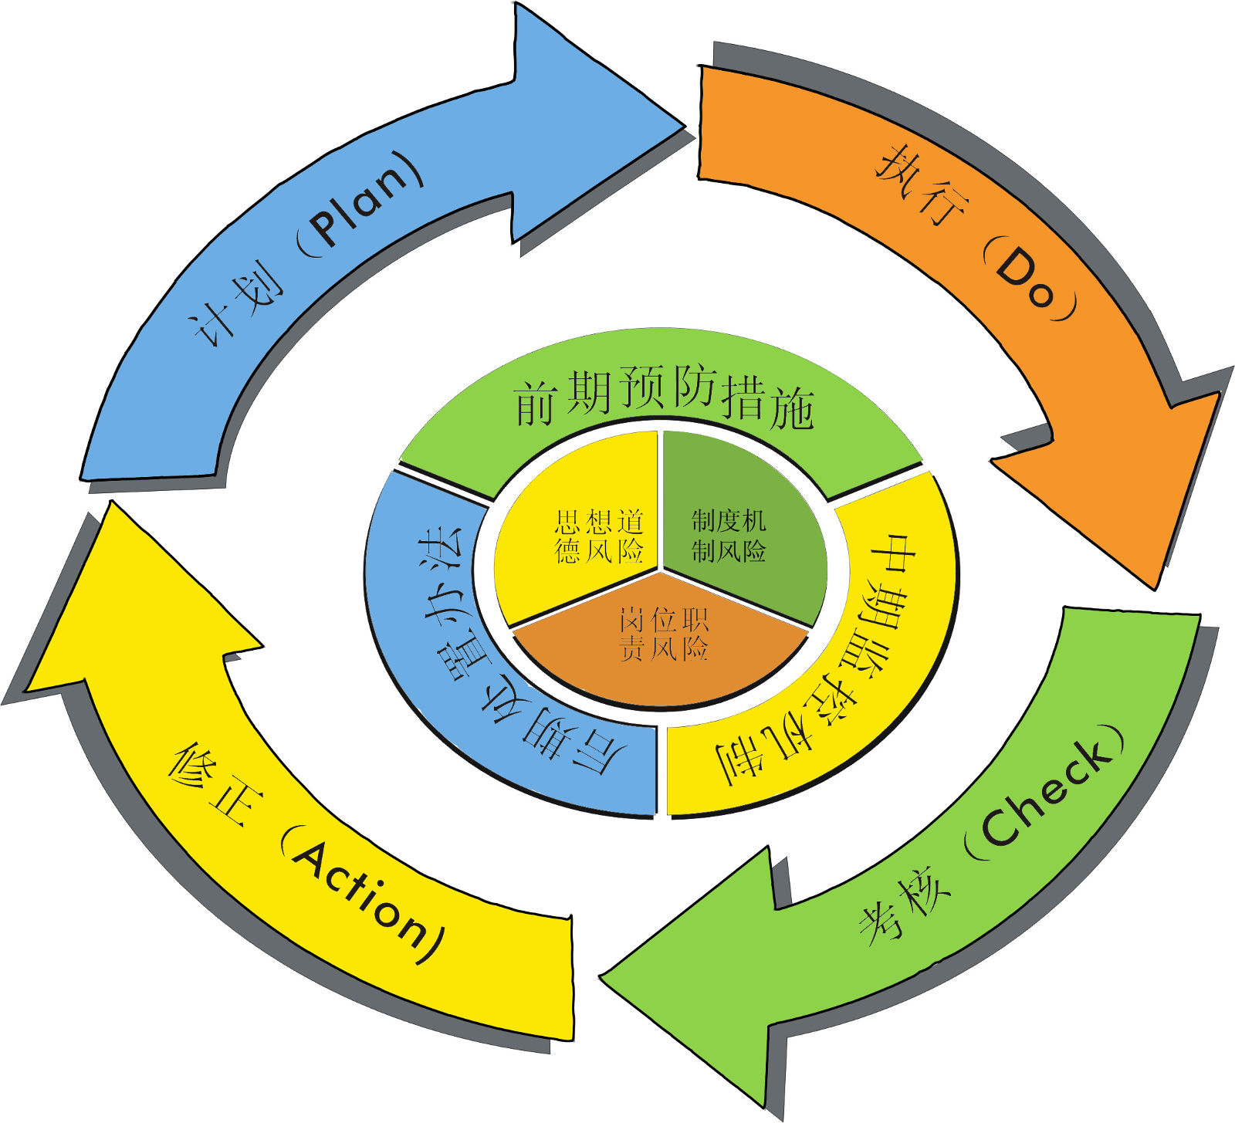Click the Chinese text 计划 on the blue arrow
235,305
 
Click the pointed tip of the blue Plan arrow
682,124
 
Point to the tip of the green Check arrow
602,976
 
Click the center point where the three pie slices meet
661,572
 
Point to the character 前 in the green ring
536,402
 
